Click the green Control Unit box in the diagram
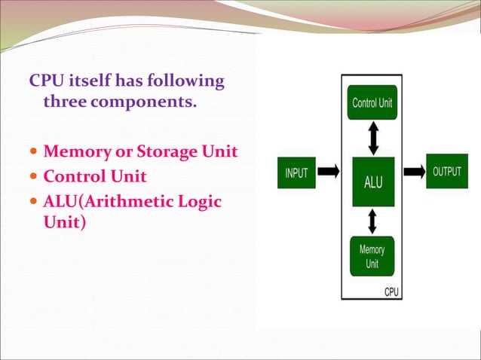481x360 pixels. pyautogui.click(x=372, y=102)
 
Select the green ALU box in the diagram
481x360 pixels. pyautogui.click(x=372, y=182)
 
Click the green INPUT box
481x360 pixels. pyautogui.click(x=296, y=172)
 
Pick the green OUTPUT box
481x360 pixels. pyautogui.click(x=447, y=172)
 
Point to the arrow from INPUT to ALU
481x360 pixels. pyautogui.click(x=328, y=172)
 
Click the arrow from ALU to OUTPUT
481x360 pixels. pyautogui.click(x=414, y=172)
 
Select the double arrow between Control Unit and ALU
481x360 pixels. pyautogui.click(x=373, y=139)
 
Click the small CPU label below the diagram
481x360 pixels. pyautogui.click(x=392, y=291)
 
